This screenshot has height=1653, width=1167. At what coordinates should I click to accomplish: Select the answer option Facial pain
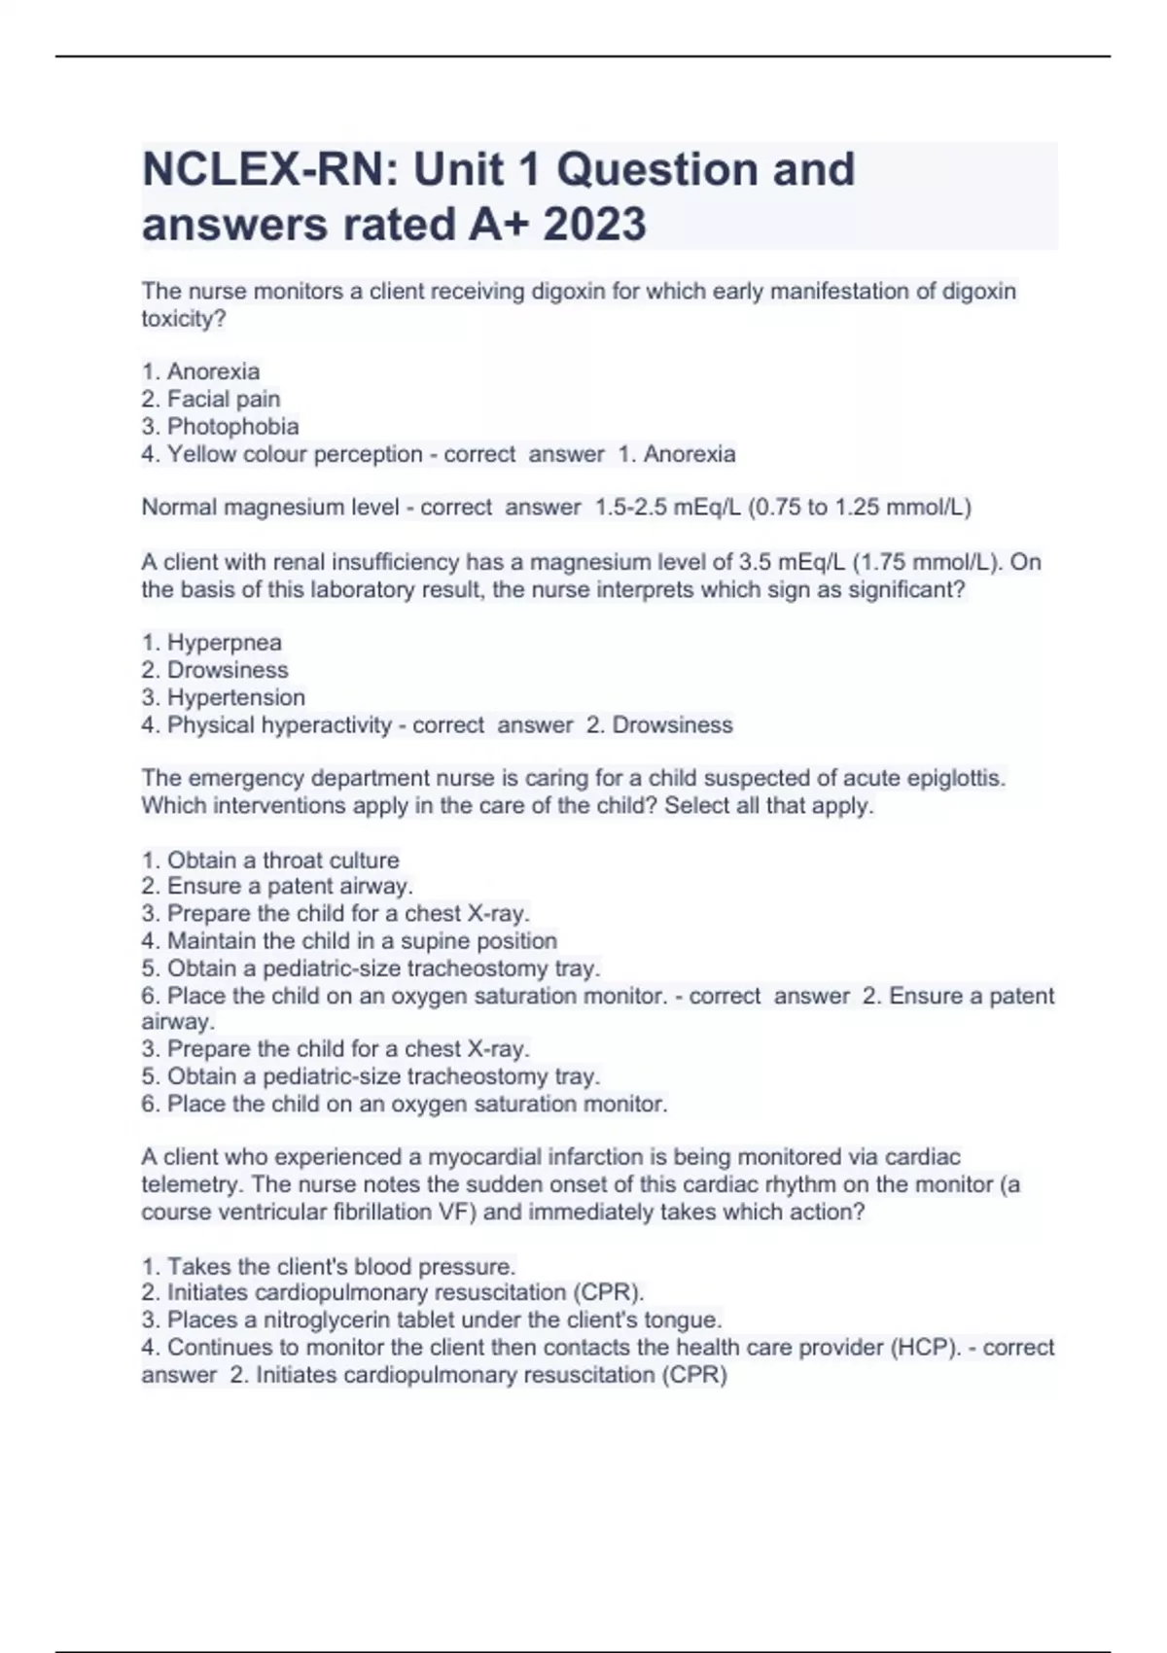click(223, 399)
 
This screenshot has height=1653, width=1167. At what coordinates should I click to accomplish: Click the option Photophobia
click(232, 426)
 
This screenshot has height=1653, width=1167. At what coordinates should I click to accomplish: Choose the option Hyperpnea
click(224, 643)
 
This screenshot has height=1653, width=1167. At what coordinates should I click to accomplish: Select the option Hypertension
click(235, 697)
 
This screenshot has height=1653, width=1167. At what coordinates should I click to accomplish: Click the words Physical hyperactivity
click(279, 725)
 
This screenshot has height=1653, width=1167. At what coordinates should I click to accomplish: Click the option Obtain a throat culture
click(283, 861)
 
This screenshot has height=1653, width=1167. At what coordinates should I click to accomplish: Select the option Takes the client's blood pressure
click(340, 1267)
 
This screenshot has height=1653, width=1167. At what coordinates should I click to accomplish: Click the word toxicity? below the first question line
click(184, 319)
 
